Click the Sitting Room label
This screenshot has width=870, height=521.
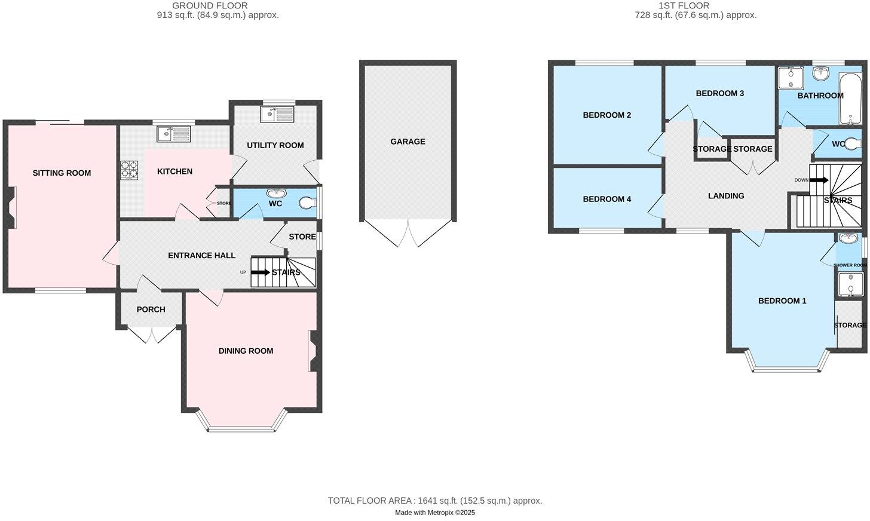coord(62,173)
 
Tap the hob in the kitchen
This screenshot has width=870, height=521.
coord(129,170)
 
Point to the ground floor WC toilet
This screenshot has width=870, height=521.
coord(307,203)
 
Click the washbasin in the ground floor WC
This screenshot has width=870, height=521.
coord(276,194)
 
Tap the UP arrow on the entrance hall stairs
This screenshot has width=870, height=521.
coord(260,272)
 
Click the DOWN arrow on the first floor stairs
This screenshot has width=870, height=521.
coord(819,180)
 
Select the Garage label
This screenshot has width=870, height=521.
coord(408,142)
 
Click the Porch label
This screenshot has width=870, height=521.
coord(151,309)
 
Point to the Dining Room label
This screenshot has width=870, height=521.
coord(246,351)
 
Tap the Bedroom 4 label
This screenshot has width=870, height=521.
coord(607,199)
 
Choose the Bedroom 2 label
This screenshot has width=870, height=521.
coord(607,115)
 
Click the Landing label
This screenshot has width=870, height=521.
coord(726,196)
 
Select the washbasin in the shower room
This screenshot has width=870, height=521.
coord(847,239)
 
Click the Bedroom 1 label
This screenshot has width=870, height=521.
coord(782,301)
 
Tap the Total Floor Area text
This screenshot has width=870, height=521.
coord(435,501)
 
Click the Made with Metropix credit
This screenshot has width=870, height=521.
coord(435,513)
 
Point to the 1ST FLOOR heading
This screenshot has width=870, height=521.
coord(684,6)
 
